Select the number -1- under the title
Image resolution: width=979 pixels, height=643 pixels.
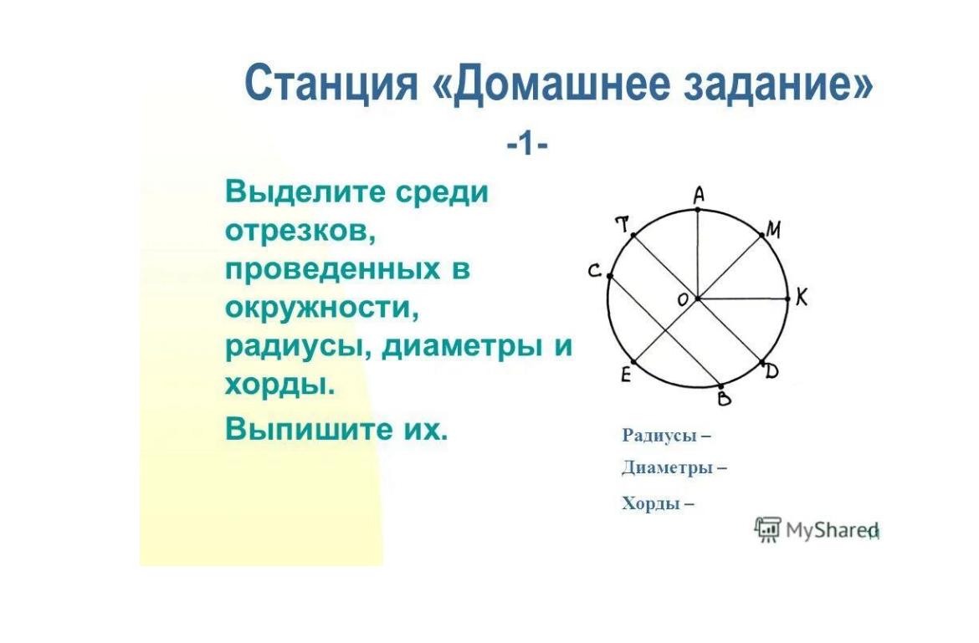coord(528,145)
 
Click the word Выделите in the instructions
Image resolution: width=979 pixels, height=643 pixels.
coord(304,192)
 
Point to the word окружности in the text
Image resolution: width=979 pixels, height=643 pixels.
coord(321,309)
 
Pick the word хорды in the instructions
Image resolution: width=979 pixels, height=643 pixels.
coord(279,385)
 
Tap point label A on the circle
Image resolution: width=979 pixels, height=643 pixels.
coord(699,196)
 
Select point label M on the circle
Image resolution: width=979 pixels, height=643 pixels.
coord(773,231)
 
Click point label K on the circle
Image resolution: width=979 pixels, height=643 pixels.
coord(802,298)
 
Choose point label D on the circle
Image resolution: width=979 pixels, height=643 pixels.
coord(771,372)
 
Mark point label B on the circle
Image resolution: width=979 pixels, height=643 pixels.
coord(725,397)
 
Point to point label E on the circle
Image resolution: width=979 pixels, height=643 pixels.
coord(626,375)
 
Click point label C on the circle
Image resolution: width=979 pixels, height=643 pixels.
coord(594,271)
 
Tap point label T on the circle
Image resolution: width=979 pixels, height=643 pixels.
coord(623,224)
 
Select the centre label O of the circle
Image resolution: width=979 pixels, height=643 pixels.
coord(683,300)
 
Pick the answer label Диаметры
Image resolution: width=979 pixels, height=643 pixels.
coord(667,467)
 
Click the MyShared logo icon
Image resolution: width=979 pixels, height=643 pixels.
coord(768,529)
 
